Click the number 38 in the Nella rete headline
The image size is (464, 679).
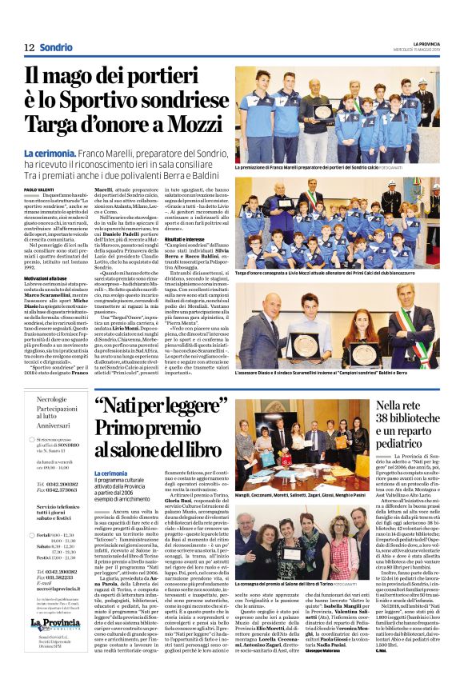tap(376, 418)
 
